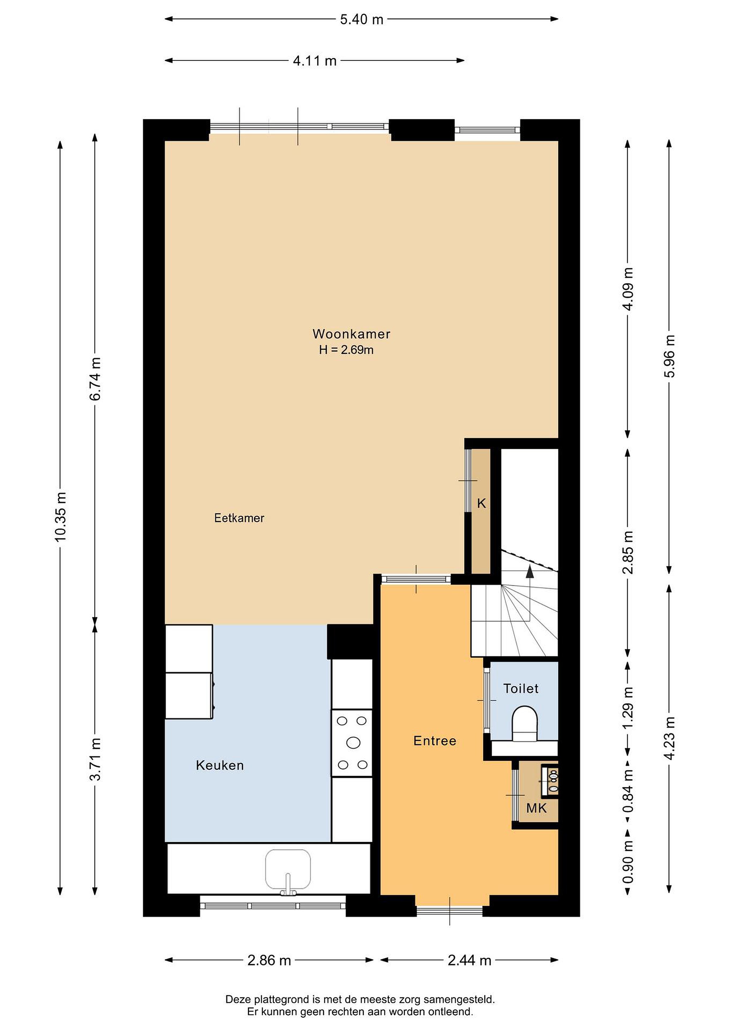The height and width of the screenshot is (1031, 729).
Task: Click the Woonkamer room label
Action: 351,334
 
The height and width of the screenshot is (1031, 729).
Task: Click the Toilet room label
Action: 521,688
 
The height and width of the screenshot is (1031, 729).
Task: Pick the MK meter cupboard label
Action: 536,808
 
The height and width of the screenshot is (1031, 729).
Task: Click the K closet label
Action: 481,503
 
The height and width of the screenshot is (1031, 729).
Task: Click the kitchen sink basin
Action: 288,870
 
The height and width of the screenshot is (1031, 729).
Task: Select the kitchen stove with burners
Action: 352,743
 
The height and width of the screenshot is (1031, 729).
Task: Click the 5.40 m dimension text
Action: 361,19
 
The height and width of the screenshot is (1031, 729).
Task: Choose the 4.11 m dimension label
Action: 315,60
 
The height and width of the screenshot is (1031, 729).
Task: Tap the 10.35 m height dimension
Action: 60,517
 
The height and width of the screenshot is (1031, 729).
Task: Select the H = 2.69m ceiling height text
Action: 346,350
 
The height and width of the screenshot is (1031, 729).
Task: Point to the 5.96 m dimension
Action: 669,356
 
